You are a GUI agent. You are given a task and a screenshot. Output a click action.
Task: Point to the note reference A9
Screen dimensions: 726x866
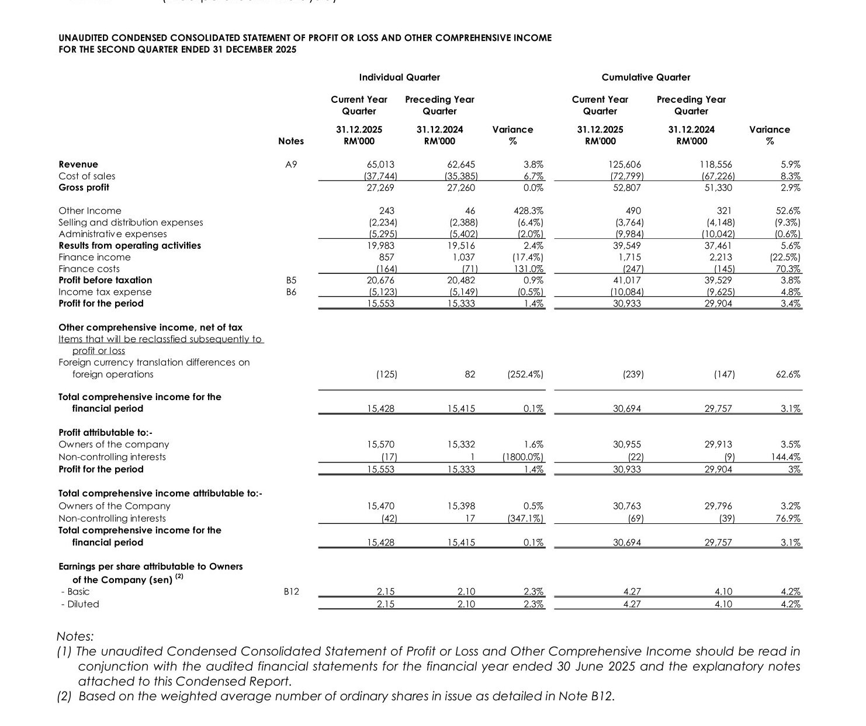tap(290, 165)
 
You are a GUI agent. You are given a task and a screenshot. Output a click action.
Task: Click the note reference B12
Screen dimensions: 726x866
tap(290, 592)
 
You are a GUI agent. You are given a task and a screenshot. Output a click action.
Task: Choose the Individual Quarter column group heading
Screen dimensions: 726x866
tap(399, 77)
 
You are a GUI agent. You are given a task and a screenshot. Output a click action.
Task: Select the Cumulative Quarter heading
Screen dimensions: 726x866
tap(646, 77)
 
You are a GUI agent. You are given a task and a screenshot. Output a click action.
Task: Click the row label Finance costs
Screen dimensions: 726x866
tap(89, 269)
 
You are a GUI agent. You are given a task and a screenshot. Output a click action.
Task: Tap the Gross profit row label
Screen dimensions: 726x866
tap(84, 187)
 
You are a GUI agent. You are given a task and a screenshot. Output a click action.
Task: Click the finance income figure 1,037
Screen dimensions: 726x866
tap(464, 257)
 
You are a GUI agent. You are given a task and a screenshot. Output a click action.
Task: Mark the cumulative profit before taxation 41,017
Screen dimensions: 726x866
tap(626, 280)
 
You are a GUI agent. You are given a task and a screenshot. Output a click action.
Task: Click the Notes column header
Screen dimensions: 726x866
tap(291, 141)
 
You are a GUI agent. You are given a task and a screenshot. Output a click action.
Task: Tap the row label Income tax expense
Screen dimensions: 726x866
tap(105, 292)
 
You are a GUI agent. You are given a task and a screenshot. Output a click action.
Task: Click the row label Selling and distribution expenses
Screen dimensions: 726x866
tap(131, 223)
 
